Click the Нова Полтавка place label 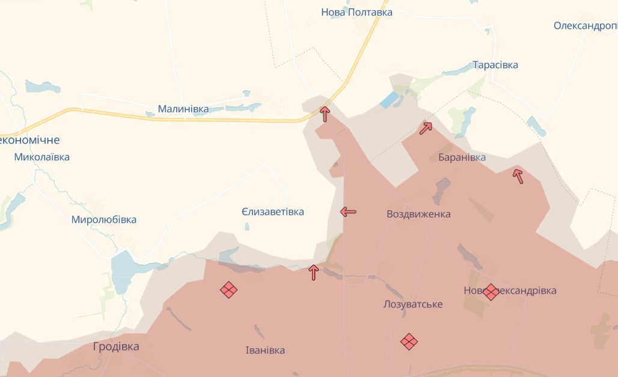tap(356, 12)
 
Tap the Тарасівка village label tap(495, 65)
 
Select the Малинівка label tap(183, 109)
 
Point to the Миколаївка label tap(42, 157)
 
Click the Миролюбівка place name tap(104, 220)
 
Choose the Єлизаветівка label tap(273, 212)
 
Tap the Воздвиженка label tap(418, 214)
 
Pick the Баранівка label tap(462, 158)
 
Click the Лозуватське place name tap(413, 304)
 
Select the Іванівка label tap(265, 350)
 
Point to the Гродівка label tap(116, 346)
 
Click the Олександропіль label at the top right tap(586, 26)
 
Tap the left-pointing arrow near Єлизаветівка tap(348, 211)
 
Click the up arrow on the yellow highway tap(325, 113)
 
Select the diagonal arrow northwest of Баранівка tap(426, 127)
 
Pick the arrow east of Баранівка tap(518, 176)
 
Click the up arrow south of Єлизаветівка tap(313, 273)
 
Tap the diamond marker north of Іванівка tap(228, 290)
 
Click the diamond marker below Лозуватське tap(409, 342)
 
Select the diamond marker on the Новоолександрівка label tap(491, 292)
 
